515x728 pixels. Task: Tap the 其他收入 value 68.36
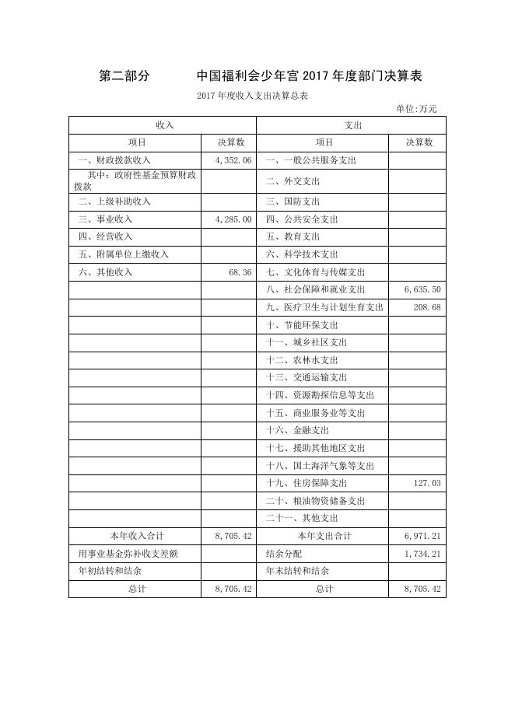pyautogui.click(x=241, y=272)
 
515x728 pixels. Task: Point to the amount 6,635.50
pyautogui.click(x=422, y=289)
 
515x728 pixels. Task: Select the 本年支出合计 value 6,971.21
pyautogui.click(x=422, y=536)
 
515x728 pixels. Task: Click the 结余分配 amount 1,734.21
pyautogui.click(x=422, y=554)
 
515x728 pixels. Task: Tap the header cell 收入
pyautogui.click(x=163, y=124)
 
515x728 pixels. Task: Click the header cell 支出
pyautogui.click(x=352, y=124)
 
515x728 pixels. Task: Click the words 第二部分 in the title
pyautogui.click(x=124, y=76)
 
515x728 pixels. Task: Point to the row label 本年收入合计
pyautogui.click(x=137, y=536)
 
